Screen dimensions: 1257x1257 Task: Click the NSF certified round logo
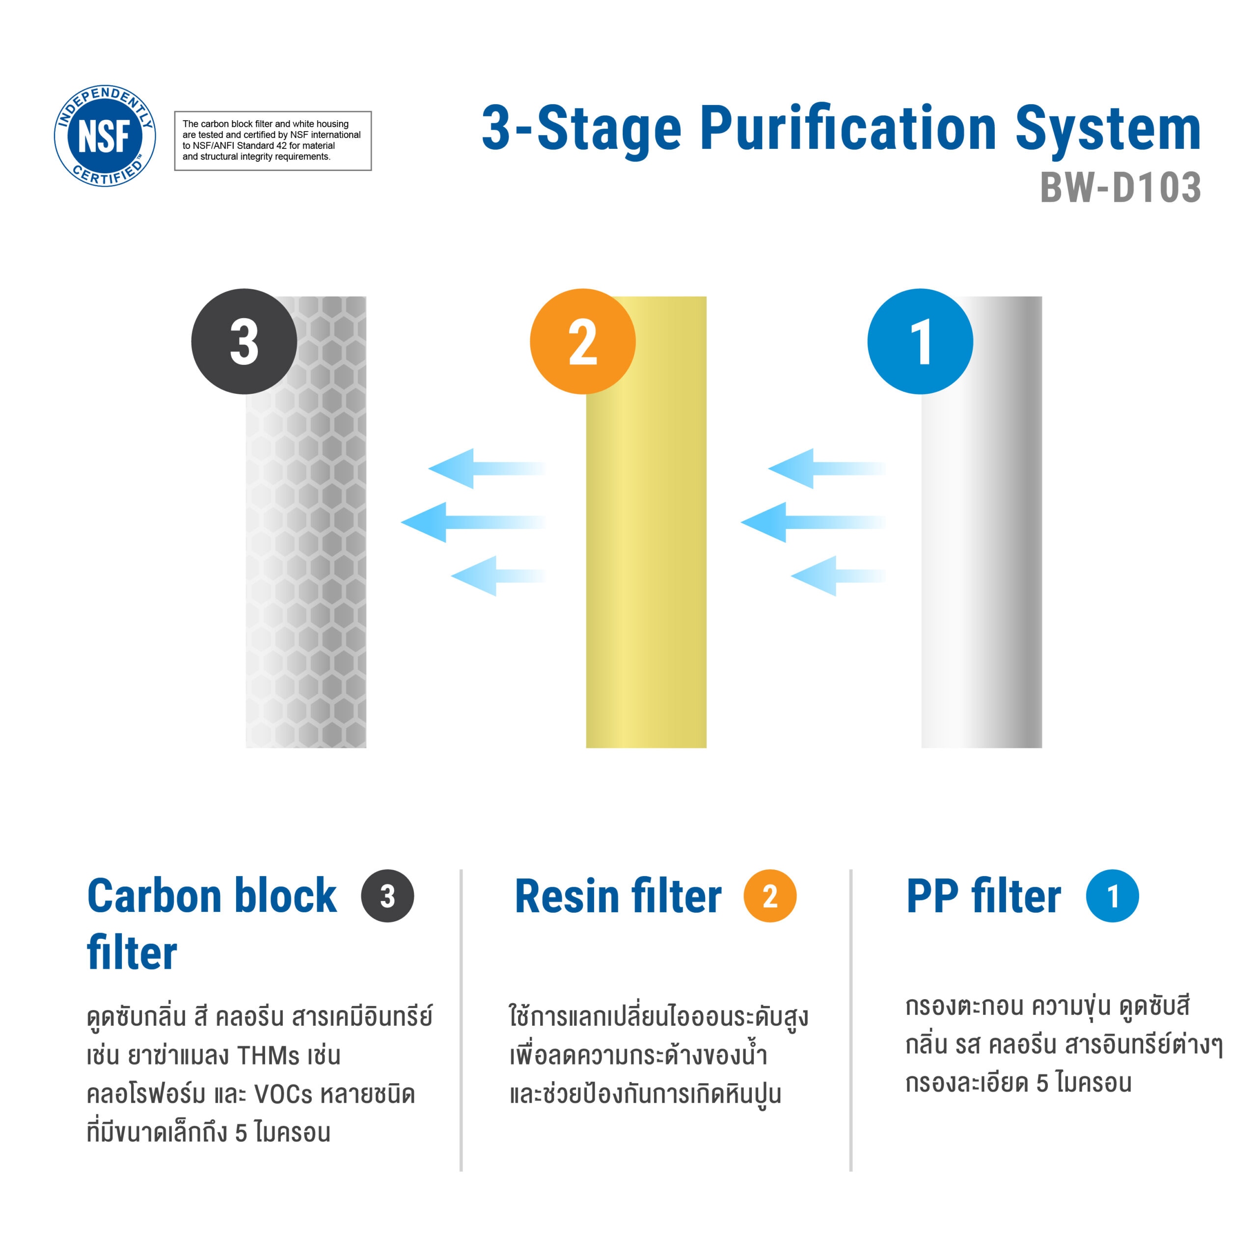[105, 137]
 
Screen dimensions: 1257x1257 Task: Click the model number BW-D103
[1120, 188]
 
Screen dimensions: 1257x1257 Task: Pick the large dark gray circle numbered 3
[244, 342]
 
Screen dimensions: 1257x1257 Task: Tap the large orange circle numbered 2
[582, 342]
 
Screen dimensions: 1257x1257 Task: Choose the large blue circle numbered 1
[920, 342]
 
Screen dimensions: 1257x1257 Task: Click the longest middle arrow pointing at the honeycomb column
[473, 522]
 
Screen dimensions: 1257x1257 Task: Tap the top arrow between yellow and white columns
[827, 468]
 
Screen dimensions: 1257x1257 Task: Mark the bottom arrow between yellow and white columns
[839, 576]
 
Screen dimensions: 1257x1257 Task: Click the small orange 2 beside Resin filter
[770, 896]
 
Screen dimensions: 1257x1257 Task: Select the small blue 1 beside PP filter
[1113, 896]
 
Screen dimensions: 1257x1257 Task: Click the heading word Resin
[567, 897]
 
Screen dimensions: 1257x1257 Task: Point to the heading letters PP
[932, 897]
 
